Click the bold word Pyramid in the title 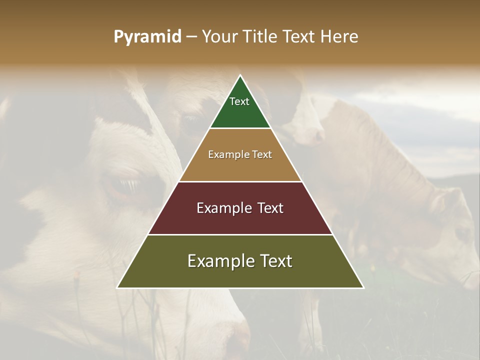(147, 36)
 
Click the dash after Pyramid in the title (191, 37)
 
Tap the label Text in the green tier (239, 101)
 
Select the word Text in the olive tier (272, 261)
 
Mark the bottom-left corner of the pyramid (117, 287)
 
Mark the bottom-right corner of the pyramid (363, 287)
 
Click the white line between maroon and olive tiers (240, 234)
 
